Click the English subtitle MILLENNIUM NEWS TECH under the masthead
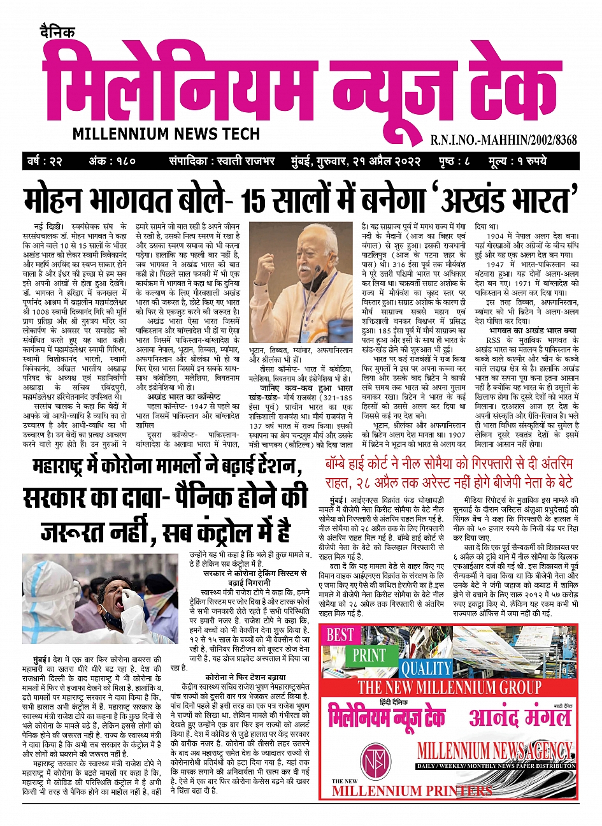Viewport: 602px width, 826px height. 166,134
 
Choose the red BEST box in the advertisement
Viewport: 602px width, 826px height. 340,635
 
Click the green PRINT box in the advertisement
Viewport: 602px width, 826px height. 369,655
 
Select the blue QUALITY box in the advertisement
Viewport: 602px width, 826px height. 425,669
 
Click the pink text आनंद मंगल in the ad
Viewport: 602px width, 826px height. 520,718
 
